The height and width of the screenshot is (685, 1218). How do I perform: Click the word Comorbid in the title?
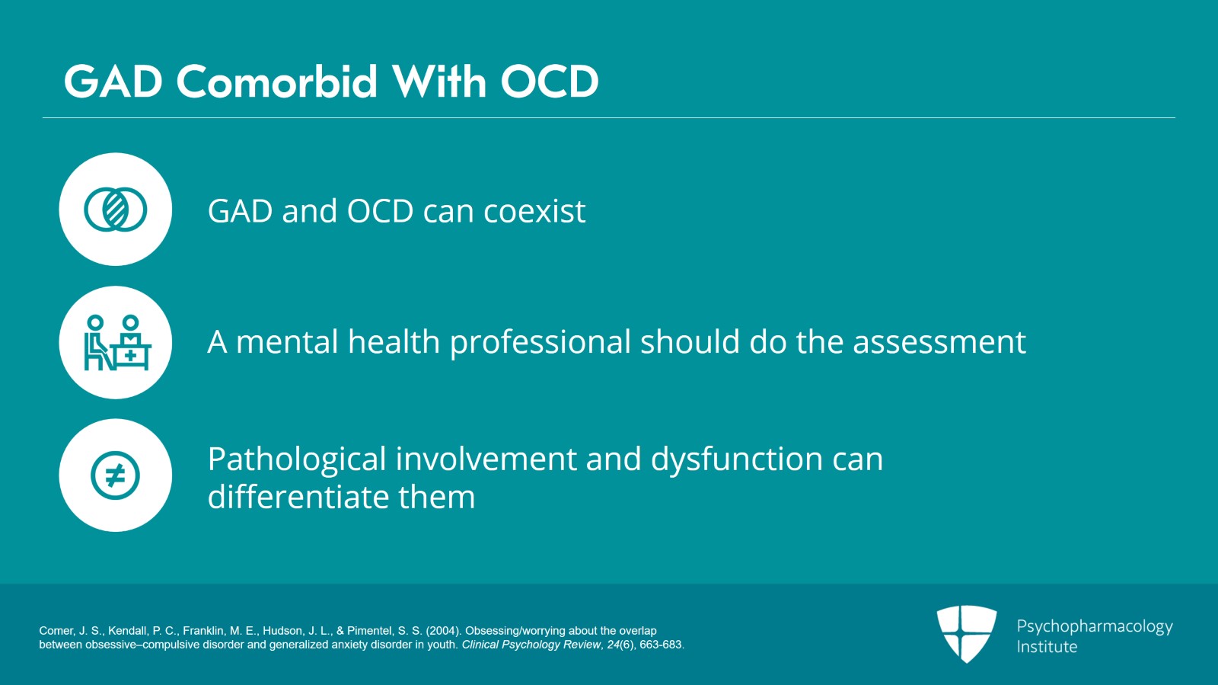click(276, 82)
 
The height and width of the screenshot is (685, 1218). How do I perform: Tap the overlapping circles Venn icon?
click(115, 210)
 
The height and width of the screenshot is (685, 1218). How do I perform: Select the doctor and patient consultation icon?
click(117, 343)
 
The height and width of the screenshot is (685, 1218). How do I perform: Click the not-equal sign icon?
click(115, 475)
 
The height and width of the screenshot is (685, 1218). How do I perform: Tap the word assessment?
click(939, 343)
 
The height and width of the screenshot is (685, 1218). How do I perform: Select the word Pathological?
click(297, 459)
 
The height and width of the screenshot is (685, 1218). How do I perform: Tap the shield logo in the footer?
click(967, 634)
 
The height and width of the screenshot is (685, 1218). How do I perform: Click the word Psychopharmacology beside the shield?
click(1095, 627)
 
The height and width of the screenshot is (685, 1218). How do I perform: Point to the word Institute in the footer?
click(1047, 647)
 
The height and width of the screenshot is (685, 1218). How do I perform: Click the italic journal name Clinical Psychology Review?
click(531, 645)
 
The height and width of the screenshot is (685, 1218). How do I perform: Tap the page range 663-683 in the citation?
click(661, 645)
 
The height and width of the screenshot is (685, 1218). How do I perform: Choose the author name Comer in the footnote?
click(56, 631)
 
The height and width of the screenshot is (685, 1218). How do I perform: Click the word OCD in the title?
click(550, 82)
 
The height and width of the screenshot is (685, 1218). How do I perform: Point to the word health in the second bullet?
click(394, 341)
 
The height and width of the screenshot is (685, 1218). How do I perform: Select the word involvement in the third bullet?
click(486, 459)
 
